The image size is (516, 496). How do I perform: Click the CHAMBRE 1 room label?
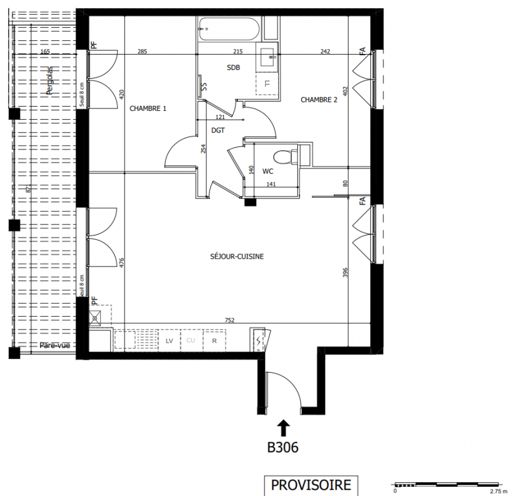click(x=148, y=108)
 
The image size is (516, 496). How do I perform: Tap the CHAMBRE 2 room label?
click(x=319, y=100)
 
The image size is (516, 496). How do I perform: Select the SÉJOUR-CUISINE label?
click(x=237, y=256)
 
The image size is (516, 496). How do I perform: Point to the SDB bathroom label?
click(x=234, y=68)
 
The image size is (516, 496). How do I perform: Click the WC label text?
click(x=268, y=171)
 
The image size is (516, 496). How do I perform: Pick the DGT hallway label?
click(x=218, y=130)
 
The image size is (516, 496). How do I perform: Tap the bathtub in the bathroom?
click(x=230, y=29)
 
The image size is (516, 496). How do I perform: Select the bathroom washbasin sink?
click(x=267, y=57)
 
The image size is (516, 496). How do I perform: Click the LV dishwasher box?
click(x=169, y=340)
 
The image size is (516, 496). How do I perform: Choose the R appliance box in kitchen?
click(x=214, y=340)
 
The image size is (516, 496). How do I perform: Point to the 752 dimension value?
click(x=230, y=320)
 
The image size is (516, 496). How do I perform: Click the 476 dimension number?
click(x=122, y=262)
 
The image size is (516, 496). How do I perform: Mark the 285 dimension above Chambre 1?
click(x=142, y=51)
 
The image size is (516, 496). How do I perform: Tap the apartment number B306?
click(x=282, y=447)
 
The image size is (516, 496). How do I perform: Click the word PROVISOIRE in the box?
click(x=311, y=485)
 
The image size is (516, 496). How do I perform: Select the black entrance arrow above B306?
click(x=284, y=428)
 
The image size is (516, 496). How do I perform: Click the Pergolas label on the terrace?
click(x=50, y=81)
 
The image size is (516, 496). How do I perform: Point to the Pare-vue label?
click(x=55, y=345)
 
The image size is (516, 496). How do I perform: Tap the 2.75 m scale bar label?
click(x=499, y=492)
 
